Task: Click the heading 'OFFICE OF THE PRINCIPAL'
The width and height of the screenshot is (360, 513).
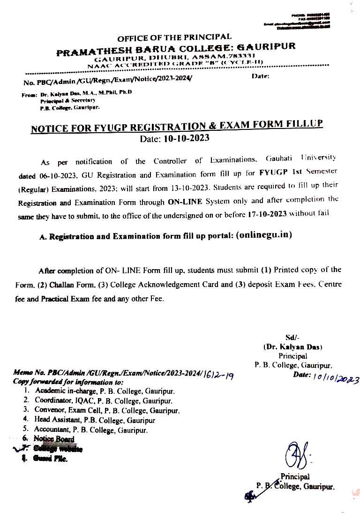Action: [174, 37]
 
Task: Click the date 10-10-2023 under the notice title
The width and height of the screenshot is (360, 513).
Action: [186, 138]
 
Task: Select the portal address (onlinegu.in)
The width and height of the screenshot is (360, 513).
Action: [264, 235]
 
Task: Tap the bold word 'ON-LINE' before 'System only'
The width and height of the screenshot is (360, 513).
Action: [184, 203]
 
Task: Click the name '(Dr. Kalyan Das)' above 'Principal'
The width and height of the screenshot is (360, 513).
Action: [292, 347]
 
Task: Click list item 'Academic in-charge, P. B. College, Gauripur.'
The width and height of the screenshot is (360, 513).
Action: [105, 391]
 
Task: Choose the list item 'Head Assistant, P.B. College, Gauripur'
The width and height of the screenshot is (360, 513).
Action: [94, 420]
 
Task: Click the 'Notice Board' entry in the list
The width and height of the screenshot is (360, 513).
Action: [54, 439]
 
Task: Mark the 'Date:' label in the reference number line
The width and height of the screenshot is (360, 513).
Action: [261, 76]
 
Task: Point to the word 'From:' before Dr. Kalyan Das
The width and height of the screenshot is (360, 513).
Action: [30, 95]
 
